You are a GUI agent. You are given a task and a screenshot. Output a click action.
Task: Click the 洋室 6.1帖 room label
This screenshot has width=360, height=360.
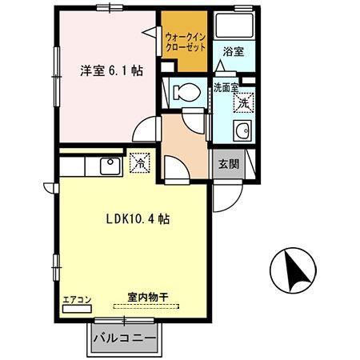pos(111,70)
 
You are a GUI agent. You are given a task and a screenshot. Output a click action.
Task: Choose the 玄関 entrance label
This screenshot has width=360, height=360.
pos(229,165)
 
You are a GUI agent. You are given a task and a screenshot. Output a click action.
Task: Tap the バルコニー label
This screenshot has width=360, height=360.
pos(124,338)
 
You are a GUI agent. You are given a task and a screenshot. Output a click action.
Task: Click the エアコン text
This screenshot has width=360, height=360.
pos(78,301)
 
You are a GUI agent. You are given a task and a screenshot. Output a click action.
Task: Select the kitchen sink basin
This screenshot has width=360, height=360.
pos(108,165)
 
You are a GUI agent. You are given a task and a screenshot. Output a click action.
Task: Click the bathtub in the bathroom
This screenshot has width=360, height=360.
pos(234,27)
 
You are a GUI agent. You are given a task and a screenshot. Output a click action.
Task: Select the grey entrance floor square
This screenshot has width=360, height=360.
pos(228,165)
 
